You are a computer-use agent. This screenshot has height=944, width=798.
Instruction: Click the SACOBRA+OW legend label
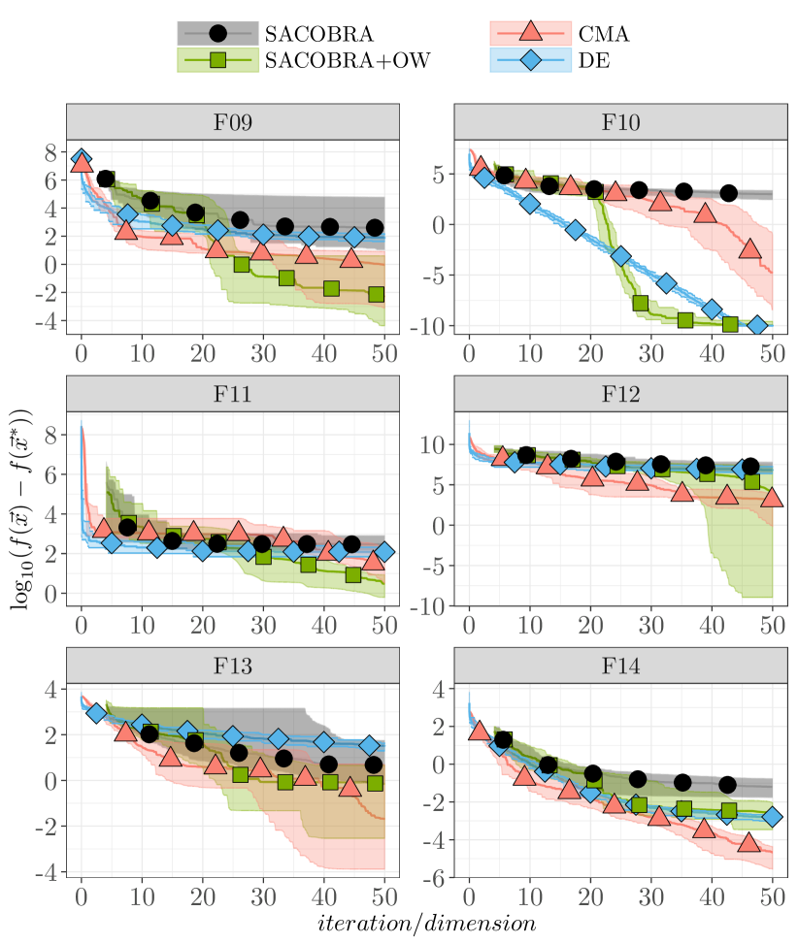click(347, 61)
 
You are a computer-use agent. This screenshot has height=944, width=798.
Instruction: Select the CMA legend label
click(604, 34)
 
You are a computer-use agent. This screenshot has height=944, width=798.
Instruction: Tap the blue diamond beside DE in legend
click(529, 61)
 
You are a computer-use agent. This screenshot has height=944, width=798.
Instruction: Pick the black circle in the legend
click(217, 34)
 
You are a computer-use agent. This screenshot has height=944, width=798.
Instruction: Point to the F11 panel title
click(233, 395)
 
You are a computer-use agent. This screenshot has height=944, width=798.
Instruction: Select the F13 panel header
click(233, 667)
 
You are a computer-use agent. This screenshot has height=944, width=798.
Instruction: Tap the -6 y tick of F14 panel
click(438, 877)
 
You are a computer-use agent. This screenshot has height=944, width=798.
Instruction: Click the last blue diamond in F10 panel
click(757, 326)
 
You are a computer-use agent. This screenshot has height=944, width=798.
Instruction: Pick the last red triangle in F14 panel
click(748, 842)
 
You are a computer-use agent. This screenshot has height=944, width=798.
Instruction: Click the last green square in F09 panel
click(376, 294)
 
